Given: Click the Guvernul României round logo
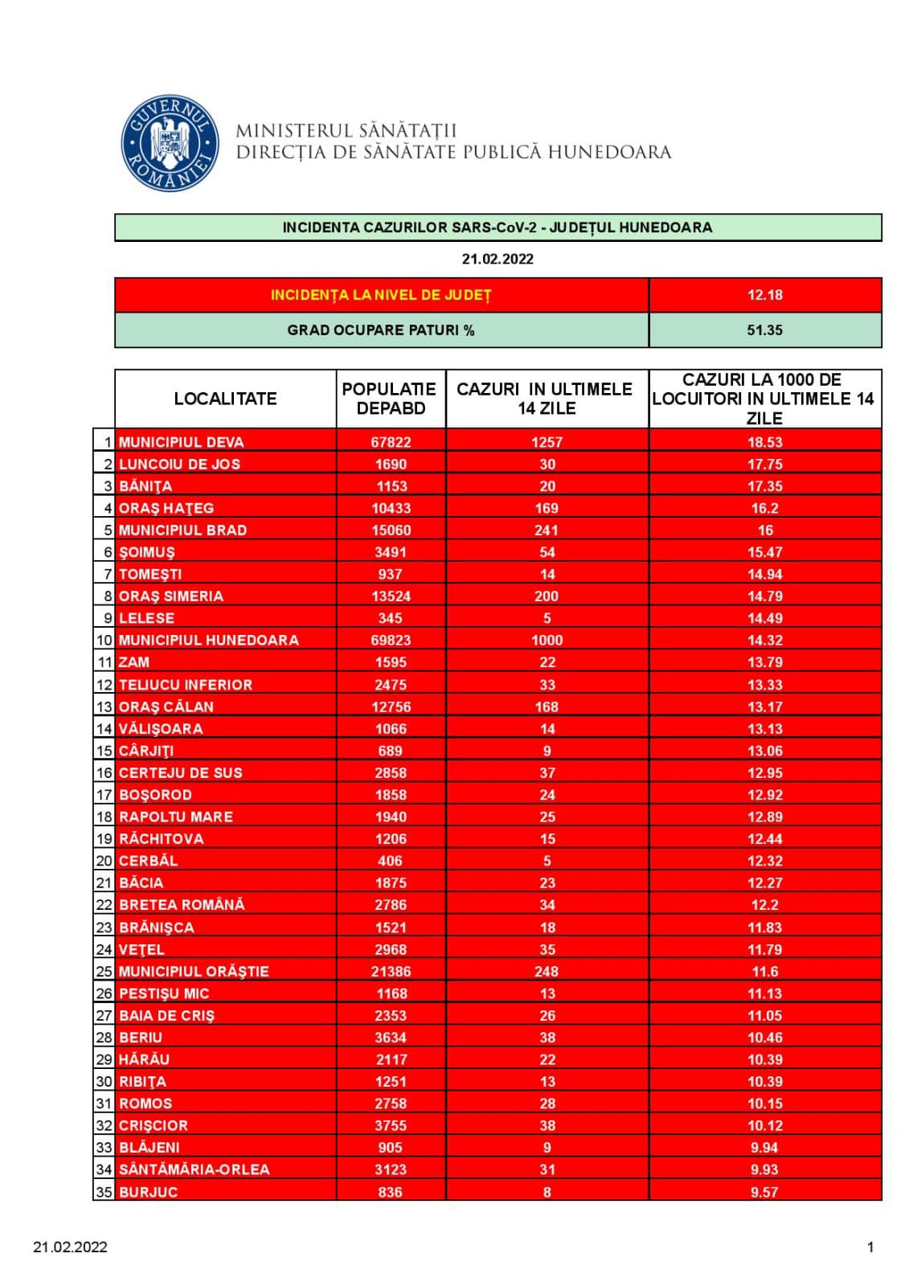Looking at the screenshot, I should point(170,144).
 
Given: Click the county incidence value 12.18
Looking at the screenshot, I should point(764,295).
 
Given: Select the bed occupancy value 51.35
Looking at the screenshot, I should point(764,330).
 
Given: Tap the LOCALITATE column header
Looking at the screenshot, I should point(225,399).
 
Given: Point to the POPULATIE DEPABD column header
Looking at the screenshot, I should point(390,399).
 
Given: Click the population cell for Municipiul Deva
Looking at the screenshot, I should point(391,442).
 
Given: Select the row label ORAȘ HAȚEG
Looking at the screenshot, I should point(166,508).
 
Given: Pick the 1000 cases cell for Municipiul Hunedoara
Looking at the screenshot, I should point(547,641).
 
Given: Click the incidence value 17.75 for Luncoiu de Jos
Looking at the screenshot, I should point(764,465).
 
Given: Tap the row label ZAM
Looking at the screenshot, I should point(134,662).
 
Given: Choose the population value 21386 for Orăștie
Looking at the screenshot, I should point(391,972).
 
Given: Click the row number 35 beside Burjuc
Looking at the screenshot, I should point(104,1192).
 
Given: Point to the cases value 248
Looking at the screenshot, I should point(547,972).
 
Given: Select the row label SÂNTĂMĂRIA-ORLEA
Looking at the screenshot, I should point(194,1169).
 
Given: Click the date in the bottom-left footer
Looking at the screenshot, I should point(71,1247).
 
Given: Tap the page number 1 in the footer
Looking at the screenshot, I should point(870,1247).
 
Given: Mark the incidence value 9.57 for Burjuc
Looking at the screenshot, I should point(764,1192).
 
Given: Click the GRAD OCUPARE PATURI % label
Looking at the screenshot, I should point(381,330).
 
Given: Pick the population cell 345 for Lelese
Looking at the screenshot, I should point(391,618).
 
